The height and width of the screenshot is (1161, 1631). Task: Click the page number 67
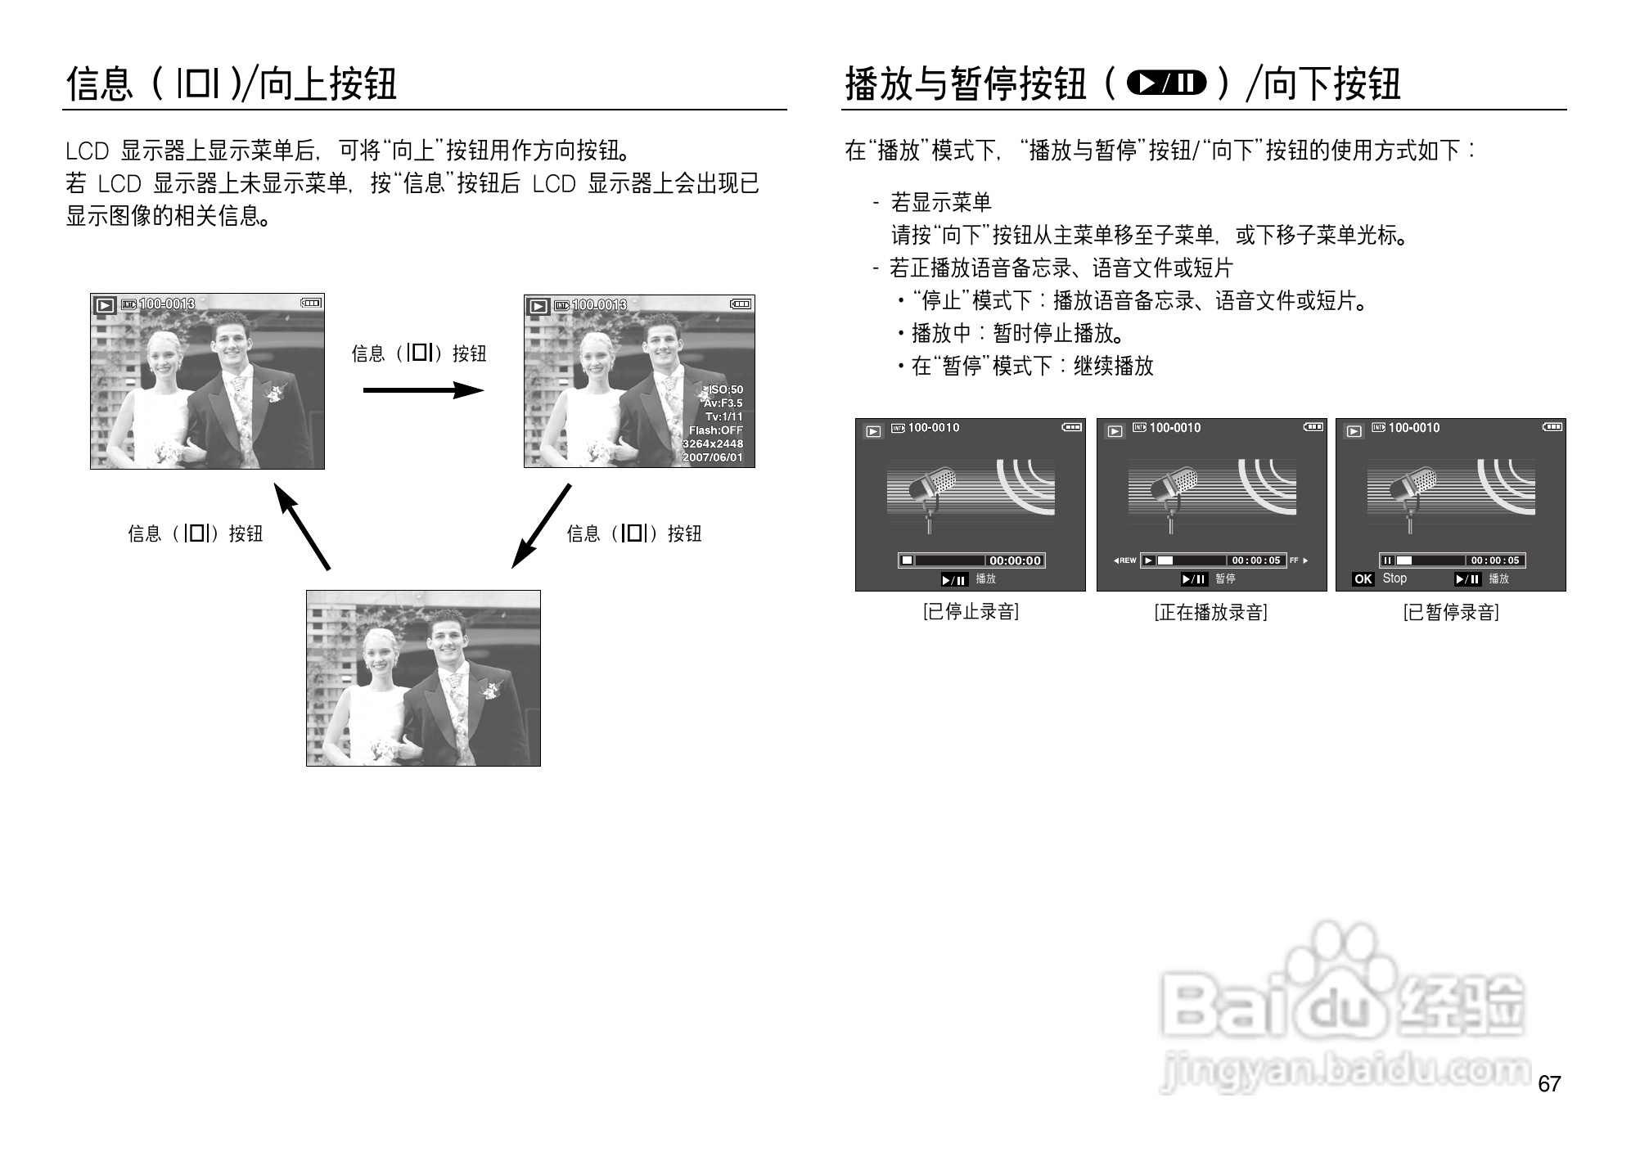click(1549, 1084)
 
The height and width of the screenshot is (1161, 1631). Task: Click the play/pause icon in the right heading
click(1166, 83)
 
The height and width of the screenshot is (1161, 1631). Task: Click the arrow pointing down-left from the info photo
click(541, 525)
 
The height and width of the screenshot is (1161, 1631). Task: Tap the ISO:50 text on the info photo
click(724, 390)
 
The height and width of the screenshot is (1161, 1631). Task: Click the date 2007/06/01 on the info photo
click(712, 457)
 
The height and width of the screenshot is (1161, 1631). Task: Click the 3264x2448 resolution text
click(712, 443)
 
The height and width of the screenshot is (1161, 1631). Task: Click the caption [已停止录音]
click(971, 612)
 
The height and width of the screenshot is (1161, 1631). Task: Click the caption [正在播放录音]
click(1210, 612)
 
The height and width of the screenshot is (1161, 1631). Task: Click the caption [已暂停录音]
click(1451, 612)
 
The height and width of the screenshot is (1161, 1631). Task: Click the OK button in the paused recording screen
click(1363, 579)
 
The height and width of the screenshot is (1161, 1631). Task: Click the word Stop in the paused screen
click(1394, 578)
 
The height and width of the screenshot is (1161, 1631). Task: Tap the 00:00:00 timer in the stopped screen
click(1015, 560)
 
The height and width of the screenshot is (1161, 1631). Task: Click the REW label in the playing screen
click(1125, 560)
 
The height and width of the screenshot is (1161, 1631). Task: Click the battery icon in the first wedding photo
click(311, 304)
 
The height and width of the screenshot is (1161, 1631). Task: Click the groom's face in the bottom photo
click(447, 642)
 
